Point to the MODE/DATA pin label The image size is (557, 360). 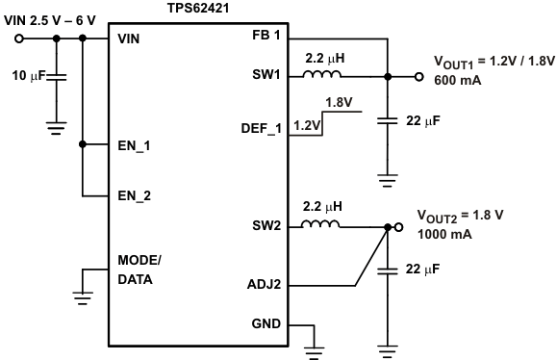click(x=139, y=270)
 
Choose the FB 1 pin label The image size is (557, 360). click(x=265, y=36)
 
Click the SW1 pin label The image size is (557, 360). click(x=266, y=76)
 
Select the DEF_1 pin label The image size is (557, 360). click(x=261, y=127)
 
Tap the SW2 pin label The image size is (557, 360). click(x=266, y=226)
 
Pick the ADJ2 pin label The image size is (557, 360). click(x=264, y=285)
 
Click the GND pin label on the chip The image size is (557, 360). click(x=266, y=324)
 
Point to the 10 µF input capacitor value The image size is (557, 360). click(x=27, y=75)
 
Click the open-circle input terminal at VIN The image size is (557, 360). click(x=19, y=39)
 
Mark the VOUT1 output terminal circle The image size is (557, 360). click(x=418, y=77)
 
